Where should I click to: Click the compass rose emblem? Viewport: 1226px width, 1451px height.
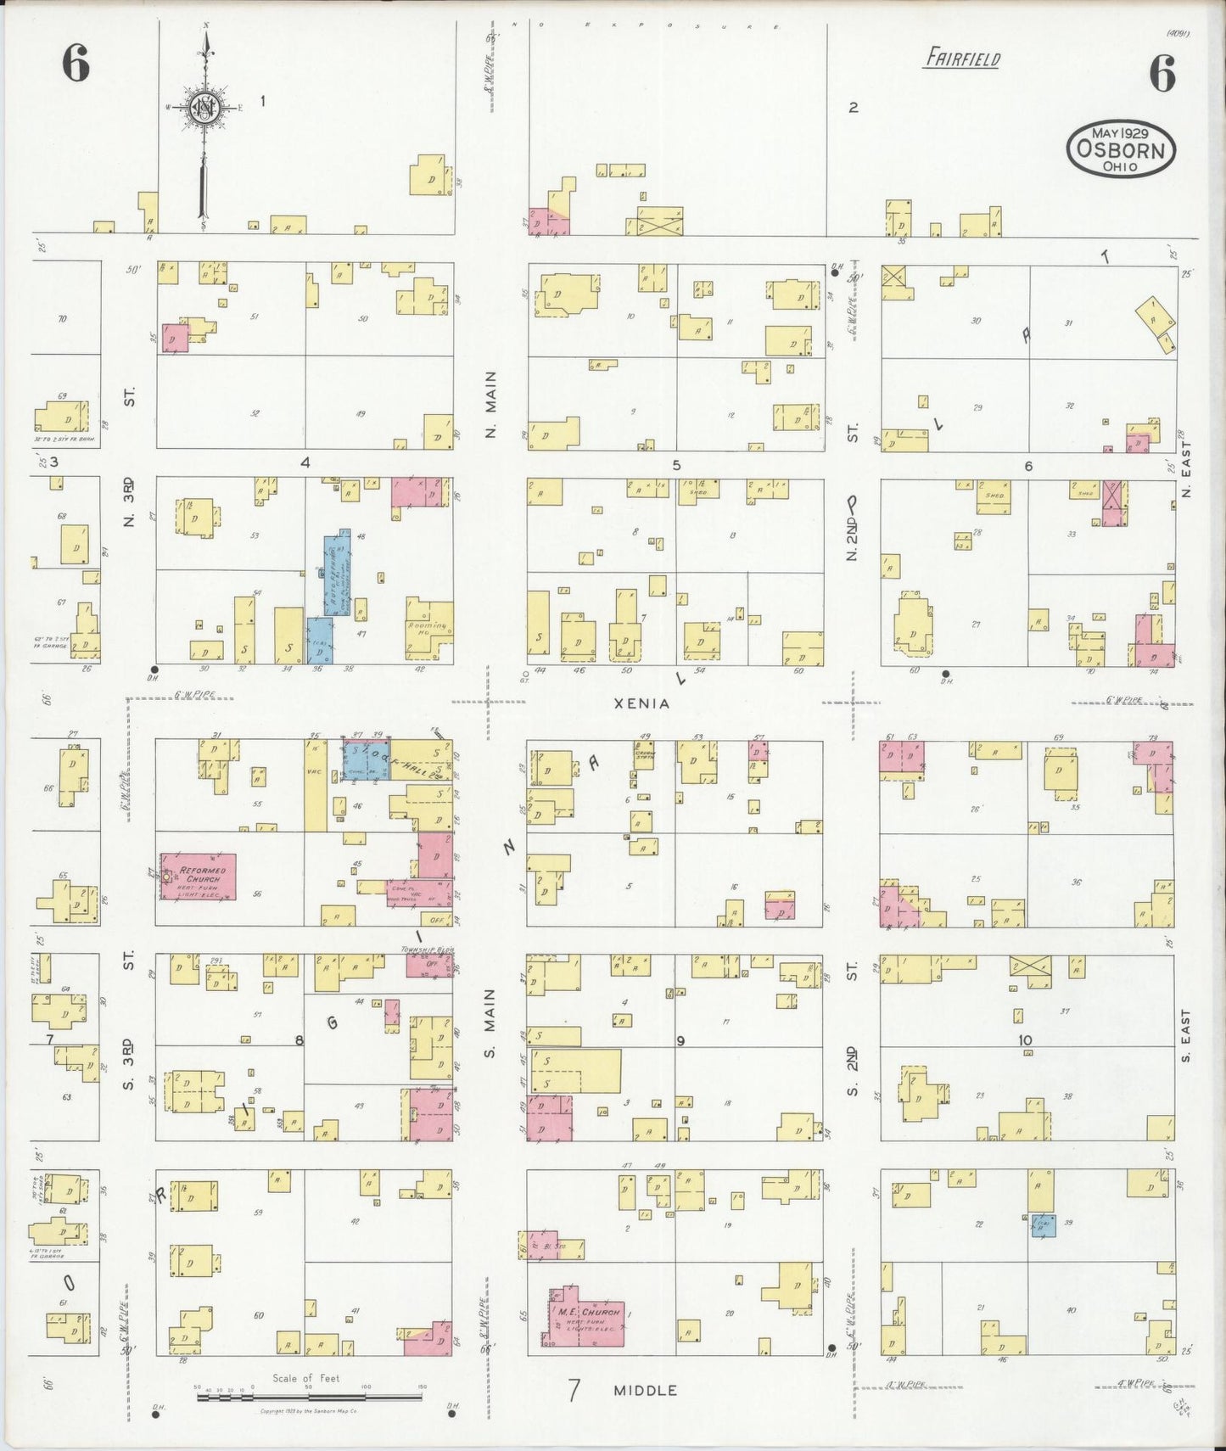tap(205, 107)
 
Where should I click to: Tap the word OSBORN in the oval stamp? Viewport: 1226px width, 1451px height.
tap(1121, 150)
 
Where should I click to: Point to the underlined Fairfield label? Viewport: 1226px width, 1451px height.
tap(962, 59)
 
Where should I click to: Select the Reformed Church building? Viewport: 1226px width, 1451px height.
tap(198, 877)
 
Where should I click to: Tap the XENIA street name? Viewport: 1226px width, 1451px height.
tap(649, 703)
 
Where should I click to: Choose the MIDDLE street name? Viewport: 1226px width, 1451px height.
tap(646, 1390)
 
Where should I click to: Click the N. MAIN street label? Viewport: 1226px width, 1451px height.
tap(491, 404)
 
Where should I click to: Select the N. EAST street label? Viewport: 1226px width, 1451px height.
tap(1186, 468)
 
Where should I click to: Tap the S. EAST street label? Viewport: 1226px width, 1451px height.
tap(1186, 1035)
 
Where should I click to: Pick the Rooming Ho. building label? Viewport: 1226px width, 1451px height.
tap(429, 629)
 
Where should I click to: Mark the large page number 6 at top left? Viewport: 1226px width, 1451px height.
tap(75, 64)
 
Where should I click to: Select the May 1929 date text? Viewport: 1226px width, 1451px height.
tap(1120, 134)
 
